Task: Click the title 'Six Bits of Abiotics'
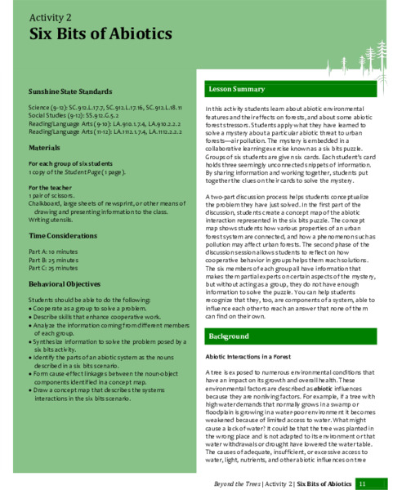pyautogui.click(x=100, y=34)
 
